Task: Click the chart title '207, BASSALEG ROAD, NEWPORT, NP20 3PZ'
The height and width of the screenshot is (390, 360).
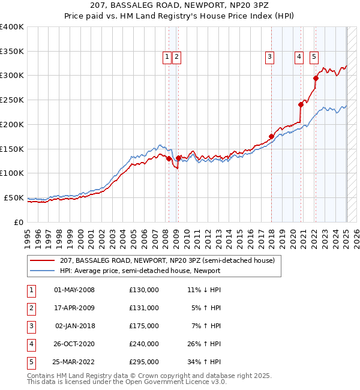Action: coord(179,7)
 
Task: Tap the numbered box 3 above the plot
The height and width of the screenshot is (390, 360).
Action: coord(270,57)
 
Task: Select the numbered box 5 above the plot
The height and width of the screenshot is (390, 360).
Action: coord(314,57)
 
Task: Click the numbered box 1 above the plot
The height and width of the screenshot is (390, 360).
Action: coord(166,57)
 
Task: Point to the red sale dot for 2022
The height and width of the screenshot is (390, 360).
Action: coord(316,77)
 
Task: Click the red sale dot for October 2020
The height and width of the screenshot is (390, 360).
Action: coord(301,104)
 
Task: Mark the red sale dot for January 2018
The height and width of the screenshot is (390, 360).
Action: coord(271,136)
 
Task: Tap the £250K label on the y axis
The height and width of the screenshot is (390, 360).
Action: coord(12,100)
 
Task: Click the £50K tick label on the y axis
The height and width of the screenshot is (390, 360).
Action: coord(14,197)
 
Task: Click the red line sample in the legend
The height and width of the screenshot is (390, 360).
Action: coord(42,260)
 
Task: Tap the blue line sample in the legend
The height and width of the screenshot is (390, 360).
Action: coord(42,271)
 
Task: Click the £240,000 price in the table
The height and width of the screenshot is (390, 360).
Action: coord(144,344)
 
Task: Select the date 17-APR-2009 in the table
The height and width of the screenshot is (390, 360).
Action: coord(74,308)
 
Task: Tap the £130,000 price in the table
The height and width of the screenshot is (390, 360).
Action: coord(144,290)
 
